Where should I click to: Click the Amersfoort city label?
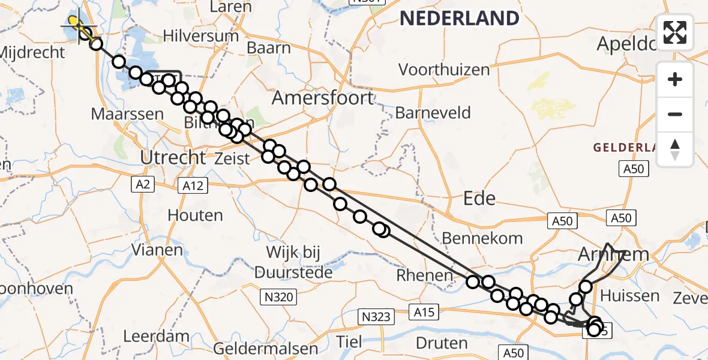point(323,98)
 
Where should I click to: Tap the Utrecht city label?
point(173,158)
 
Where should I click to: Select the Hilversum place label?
point(200,36)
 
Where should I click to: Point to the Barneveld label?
point(433,113)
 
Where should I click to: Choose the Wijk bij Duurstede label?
point(293,264)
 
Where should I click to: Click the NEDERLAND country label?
point(459,19)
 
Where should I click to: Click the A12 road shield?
point(193,186)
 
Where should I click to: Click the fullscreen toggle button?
point(675,32)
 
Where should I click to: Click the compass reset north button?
point(675,149)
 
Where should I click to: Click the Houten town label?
point(195,215)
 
